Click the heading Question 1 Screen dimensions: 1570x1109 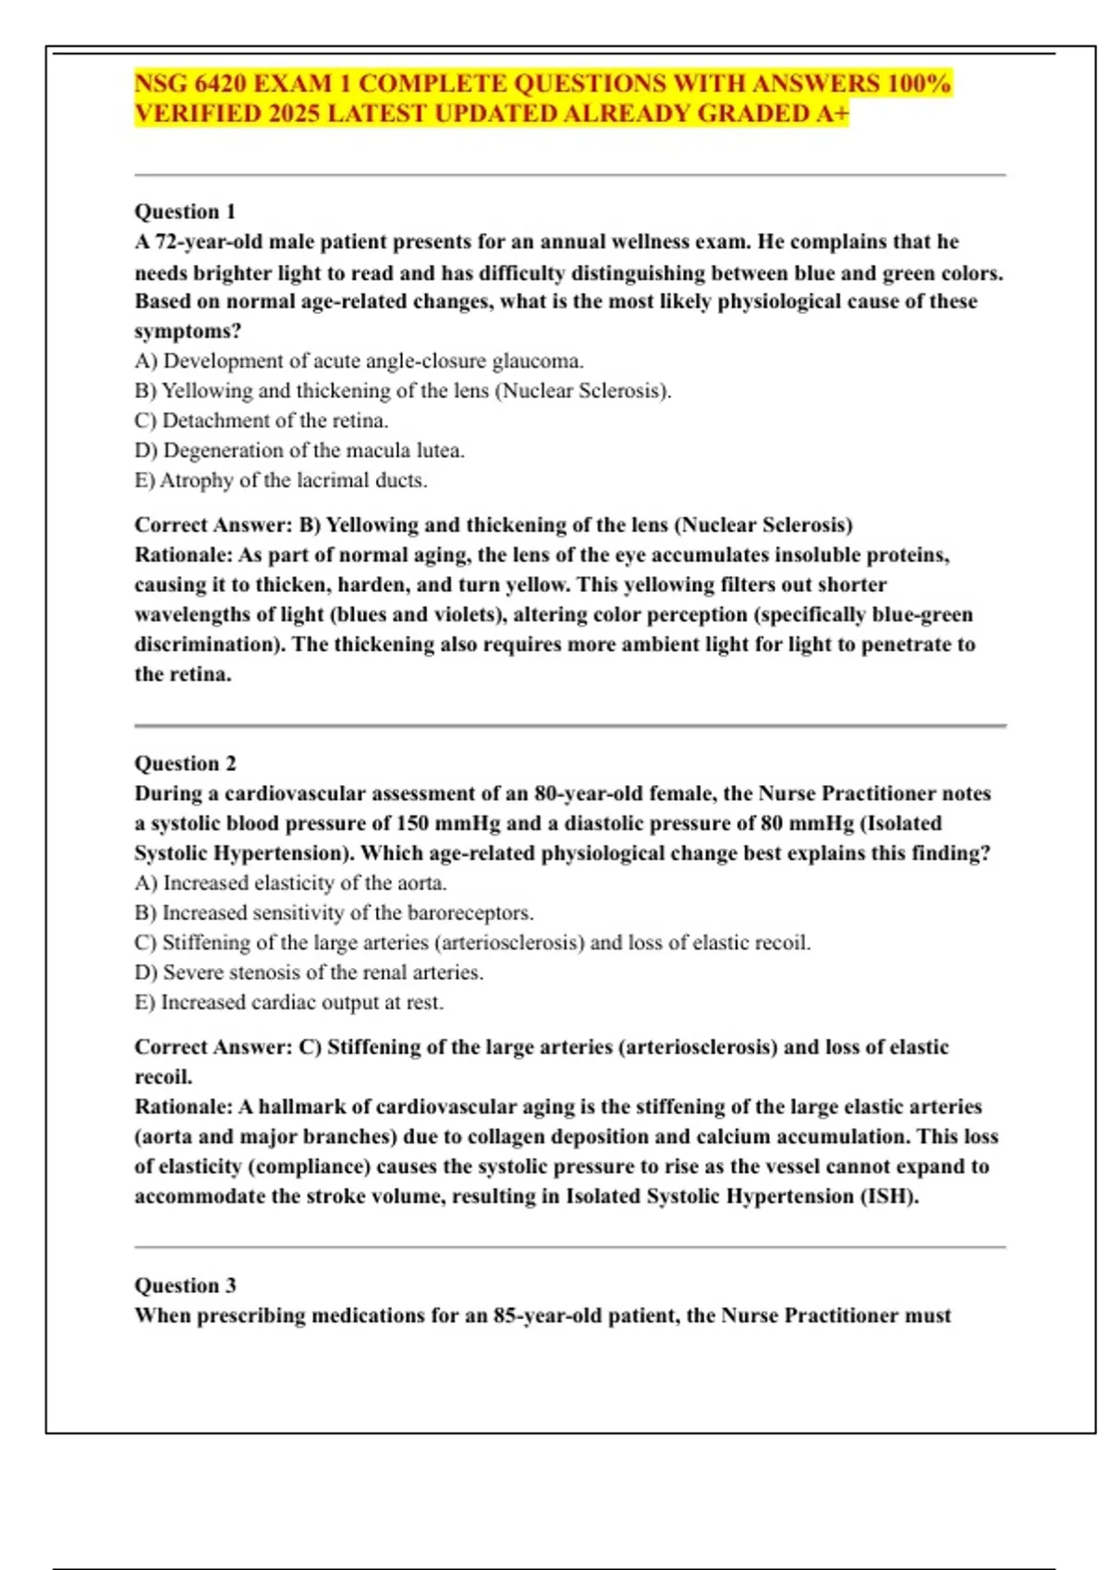[185, 211]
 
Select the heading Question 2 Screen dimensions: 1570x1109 [185, 763]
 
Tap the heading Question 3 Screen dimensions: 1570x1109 [185, 1285]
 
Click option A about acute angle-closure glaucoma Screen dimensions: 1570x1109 [359, 361]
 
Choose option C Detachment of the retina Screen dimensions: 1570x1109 [262, 420]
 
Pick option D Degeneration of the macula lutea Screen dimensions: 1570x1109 [299, 451]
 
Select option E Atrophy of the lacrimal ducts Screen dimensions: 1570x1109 [281, 480]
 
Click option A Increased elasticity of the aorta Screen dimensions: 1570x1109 [290, 883]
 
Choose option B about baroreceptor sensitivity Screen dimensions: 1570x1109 [334, 912]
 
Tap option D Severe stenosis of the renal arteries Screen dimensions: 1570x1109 [309, 972]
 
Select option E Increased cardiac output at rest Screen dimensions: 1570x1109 [289, 1002]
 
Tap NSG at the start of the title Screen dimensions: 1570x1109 [161, 83]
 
